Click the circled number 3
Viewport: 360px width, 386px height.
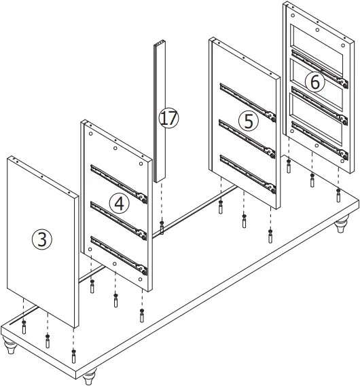(42, 239)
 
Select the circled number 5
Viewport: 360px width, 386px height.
(248, 121)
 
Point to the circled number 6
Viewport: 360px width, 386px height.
(313, 81)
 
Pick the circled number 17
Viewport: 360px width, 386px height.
(168, 118)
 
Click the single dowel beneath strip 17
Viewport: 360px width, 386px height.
(162, 227)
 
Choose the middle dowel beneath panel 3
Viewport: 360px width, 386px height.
(48, 340)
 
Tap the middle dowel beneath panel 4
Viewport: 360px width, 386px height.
(115, 299)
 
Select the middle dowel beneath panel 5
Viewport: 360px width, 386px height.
(245, 220)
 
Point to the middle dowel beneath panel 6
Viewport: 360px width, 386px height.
(312, 180)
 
